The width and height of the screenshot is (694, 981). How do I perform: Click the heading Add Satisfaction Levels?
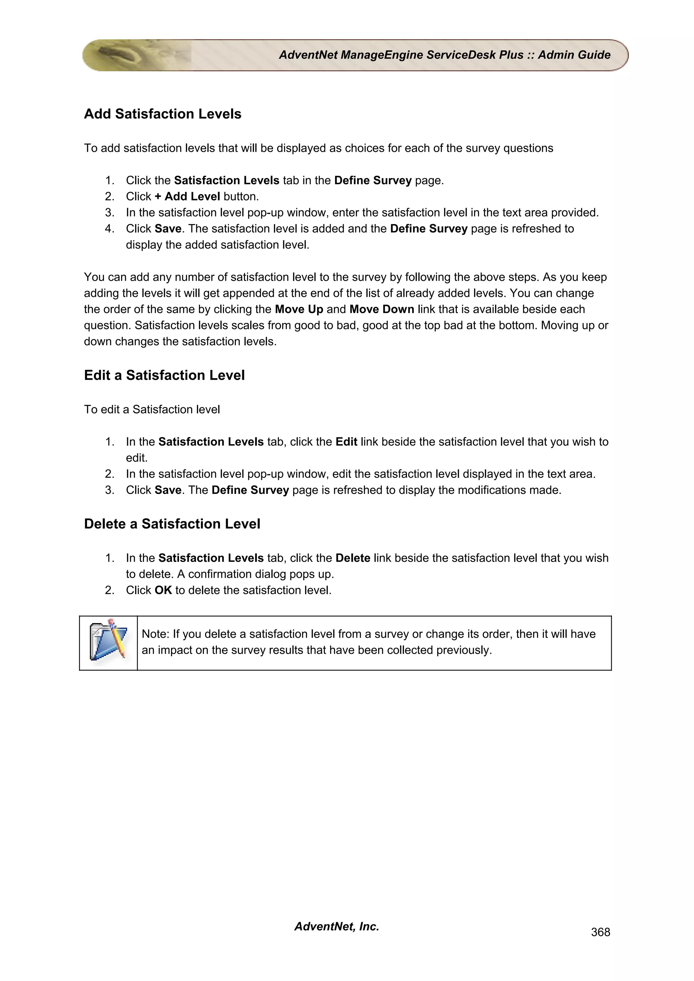pyautogui.click(x=163, y=114)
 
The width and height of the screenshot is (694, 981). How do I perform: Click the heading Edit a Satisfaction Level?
pyautogui.click(x=164, y=375)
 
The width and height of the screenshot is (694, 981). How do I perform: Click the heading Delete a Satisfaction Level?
pyautogui.click(x=172, y=524)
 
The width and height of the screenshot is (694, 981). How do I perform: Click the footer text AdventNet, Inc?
pyautogui.click(x=336, y=926)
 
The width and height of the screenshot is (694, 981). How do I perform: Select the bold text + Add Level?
pyautogui.click(x=187, y=197)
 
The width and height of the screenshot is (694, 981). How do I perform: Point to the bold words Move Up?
pyautogui.click(x=299, y=309)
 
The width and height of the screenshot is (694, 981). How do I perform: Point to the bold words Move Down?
pyautogui.click(x=382, y=309)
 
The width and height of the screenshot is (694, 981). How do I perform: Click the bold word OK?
pyautogui.click(x=163, y=590)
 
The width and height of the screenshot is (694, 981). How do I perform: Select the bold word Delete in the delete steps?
pyautogui.click(x=353, y=558)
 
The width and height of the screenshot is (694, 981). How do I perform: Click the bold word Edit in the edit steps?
pyautogui.click(x=346, y=442)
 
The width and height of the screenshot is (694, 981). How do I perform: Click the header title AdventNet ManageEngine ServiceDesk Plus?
pyautogui.click(x=401, y=55)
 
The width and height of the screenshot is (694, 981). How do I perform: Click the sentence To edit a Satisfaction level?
pyautogui.click(x=152, y=409)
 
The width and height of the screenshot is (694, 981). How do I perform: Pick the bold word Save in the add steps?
pyautogui.click(x=168, y=228)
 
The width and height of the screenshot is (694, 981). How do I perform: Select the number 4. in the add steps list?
pyautogui.click(x=109, y=228)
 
